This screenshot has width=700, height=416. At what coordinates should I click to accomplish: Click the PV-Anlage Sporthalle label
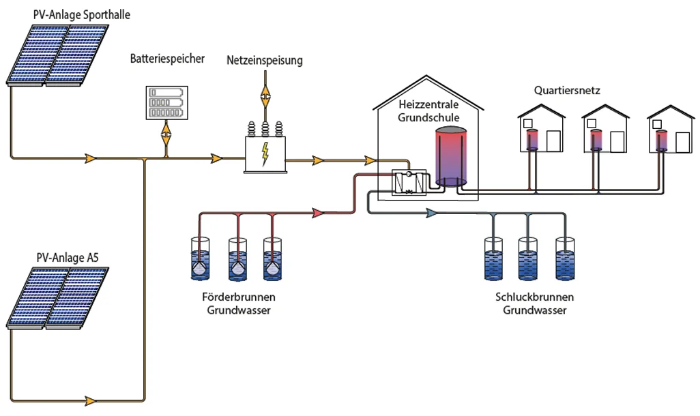tap(82, 15)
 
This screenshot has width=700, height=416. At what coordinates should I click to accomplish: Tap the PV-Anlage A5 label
tap(68, 258)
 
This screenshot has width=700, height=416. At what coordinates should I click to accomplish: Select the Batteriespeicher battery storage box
tap(167, 103)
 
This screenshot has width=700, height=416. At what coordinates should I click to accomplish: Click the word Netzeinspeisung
tap(265, 60)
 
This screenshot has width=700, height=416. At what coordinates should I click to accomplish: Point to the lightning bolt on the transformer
tap(265, 153)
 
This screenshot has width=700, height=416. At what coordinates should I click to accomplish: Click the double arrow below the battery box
tap(166, 132)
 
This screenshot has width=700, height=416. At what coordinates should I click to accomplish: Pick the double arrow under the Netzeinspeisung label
tap(265, 95)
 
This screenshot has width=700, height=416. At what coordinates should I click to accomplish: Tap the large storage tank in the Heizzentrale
tap(451, 156)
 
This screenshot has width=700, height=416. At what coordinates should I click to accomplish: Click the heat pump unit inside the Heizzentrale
tap(409, 182)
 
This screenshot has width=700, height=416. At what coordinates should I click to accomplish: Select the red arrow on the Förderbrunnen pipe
tap(318, 213)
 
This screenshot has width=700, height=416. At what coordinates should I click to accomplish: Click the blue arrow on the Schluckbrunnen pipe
tap(431, 213)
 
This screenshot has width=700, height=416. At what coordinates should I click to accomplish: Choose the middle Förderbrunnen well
tap(237, 259)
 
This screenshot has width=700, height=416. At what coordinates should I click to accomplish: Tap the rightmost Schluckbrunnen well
tap(565, 259)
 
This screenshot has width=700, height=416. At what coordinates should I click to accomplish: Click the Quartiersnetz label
tap(567, 91)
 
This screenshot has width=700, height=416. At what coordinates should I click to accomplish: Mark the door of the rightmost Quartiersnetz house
tap(682, 143)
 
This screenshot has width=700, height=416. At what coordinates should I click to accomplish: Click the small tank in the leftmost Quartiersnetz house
tap(532, 140)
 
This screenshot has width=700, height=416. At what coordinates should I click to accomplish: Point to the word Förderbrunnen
tap(238, 297)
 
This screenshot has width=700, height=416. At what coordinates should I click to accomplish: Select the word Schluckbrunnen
tap(534, 297)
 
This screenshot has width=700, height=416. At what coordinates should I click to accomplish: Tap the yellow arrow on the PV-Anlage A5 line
tap(91, 400)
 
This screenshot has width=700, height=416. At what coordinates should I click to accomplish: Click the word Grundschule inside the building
tap(428, 118)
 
